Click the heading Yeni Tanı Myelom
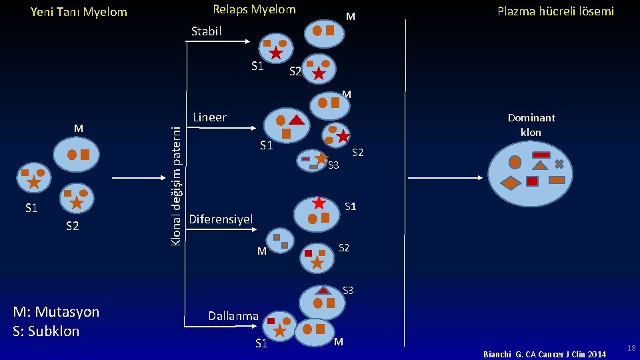coord(79,12)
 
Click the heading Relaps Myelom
coord(254,9)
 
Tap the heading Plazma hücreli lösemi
coord(556,11)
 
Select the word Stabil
coord(206,31)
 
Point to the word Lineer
coord(209,117)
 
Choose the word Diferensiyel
coord(221,219)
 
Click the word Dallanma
coord(233,316)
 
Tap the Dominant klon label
coord(531,125)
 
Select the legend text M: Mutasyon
coord(56,312)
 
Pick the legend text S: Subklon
coord(45,331)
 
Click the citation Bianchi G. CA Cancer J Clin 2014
coord(545,354)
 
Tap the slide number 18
coord(631,349)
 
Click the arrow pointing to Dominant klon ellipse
coord(447,178)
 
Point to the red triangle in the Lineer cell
coord(297,121)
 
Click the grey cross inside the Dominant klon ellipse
coord(559,163)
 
